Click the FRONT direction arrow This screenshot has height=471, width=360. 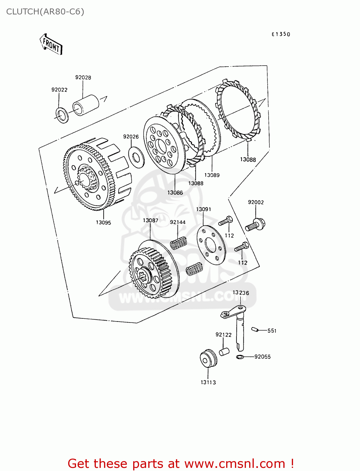pos(51,44)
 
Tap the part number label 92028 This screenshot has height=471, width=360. pos(83,78)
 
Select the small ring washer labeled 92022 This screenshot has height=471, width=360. pos(62,115)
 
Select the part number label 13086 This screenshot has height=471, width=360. pos(175,193)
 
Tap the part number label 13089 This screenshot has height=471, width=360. pos(212,175)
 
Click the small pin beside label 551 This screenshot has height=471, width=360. pos(254,329)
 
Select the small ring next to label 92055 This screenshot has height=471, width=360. pos(239,357)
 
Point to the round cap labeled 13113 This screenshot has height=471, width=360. pos(208,358)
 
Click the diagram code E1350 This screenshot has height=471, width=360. pos(281,34)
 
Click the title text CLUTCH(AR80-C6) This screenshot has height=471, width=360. pos(45,12)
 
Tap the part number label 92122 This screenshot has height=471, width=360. pos(223,335)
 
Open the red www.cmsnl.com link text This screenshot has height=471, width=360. pos(234,463)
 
